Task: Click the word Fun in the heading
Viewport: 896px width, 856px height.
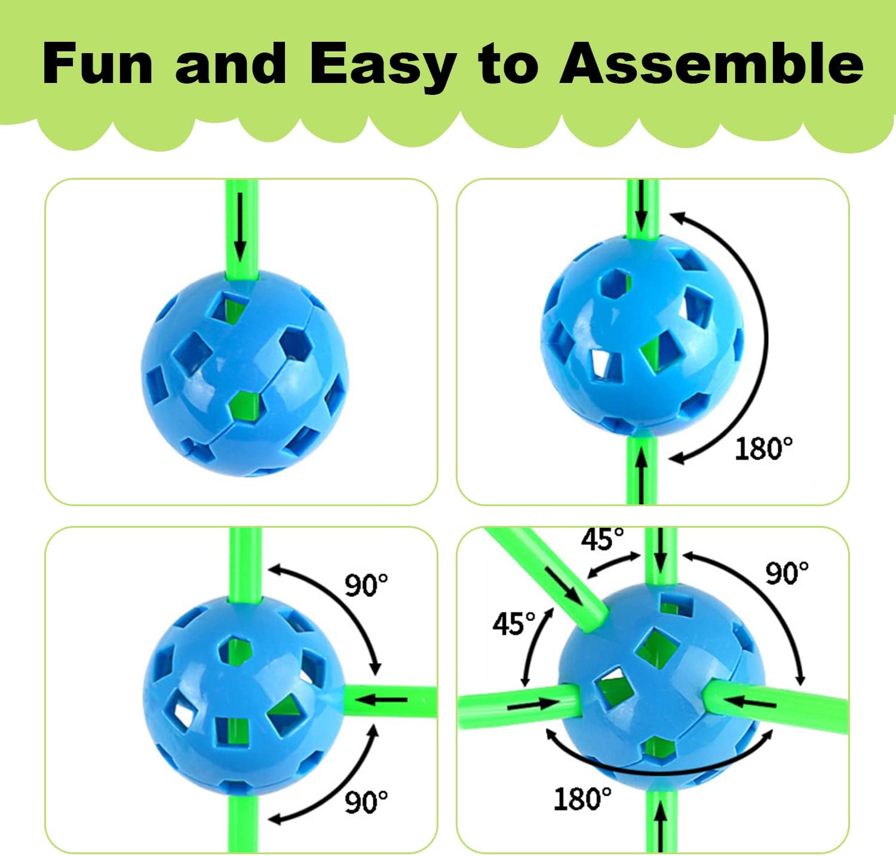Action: tap(99, 64)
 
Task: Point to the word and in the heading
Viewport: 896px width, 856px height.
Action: tap(231, 63)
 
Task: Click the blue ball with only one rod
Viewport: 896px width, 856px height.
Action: tap(244, 373)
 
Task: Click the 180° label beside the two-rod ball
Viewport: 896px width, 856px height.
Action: tap(763, 448)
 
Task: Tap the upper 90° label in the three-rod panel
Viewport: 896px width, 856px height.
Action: tap(366, 585)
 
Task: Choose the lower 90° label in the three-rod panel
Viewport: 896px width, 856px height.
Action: tap(366, 802)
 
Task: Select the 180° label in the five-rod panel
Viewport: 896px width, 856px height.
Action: tap(582, 799)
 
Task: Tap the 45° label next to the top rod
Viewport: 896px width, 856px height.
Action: tap(602, 539)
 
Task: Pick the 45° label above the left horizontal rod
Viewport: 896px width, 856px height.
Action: tap(514, 623)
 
